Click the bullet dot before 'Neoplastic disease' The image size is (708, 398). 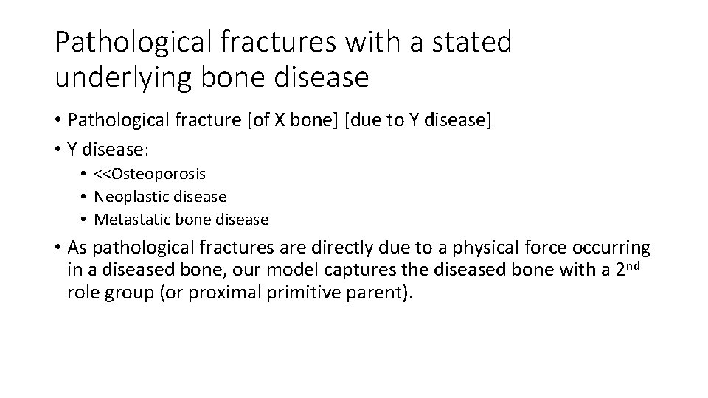(x=85, y=197)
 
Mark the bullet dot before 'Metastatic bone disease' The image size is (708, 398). (x=85, y=220)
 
